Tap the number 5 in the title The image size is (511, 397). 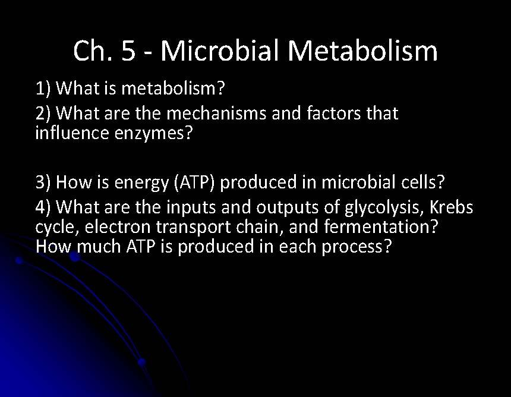click(x=128, y=51)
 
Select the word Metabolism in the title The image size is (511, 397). click(x=362, y=51)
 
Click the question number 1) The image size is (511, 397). click(x=45, y=90)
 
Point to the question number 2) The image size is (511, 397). click(x=45, y=113)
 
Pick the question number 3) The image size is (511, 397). click(x=45, y=182)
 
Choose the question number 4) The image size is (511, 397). click(x=45, y=207)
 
